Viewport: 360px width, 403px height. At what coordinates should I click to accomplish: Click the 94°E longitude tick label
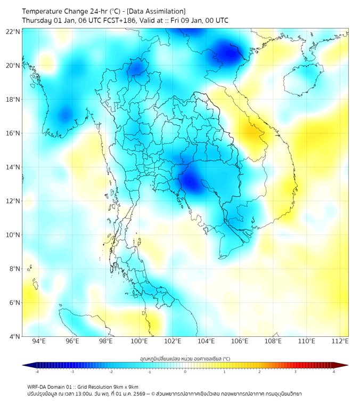[39, 341]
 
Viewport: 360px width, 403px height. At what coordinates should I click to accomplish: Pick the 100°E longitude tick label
[140, 341]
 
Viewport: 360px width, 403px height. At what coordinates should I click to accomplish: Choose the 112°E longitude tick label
[340, 341]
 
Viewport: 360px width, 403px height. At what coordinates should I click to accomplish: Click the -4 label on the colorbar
[36, 372]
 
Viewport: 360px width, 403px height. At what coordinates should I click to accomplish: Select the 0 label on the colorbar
[185, 372]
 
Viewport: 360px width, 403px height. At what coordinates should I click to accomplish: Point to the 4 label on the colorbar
[334, 372]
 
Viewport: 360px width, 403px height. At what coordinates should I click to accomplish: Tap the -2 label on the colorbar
[110, 372]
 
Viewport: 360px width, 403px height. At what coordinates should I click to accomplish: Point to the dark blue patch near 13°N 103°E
[191, 182]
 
